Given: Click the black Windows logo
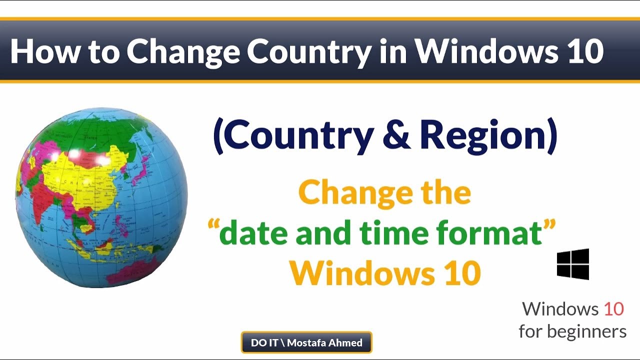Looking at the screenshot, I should pyautogui.click(x=573, y=264).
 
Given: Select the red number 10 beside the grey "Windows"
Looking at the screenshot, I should pyautogui.click(x=613, y=309).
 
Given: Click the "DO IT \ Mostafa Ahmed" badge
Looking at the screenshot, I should pyautogui.click(x=306, y=343).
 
